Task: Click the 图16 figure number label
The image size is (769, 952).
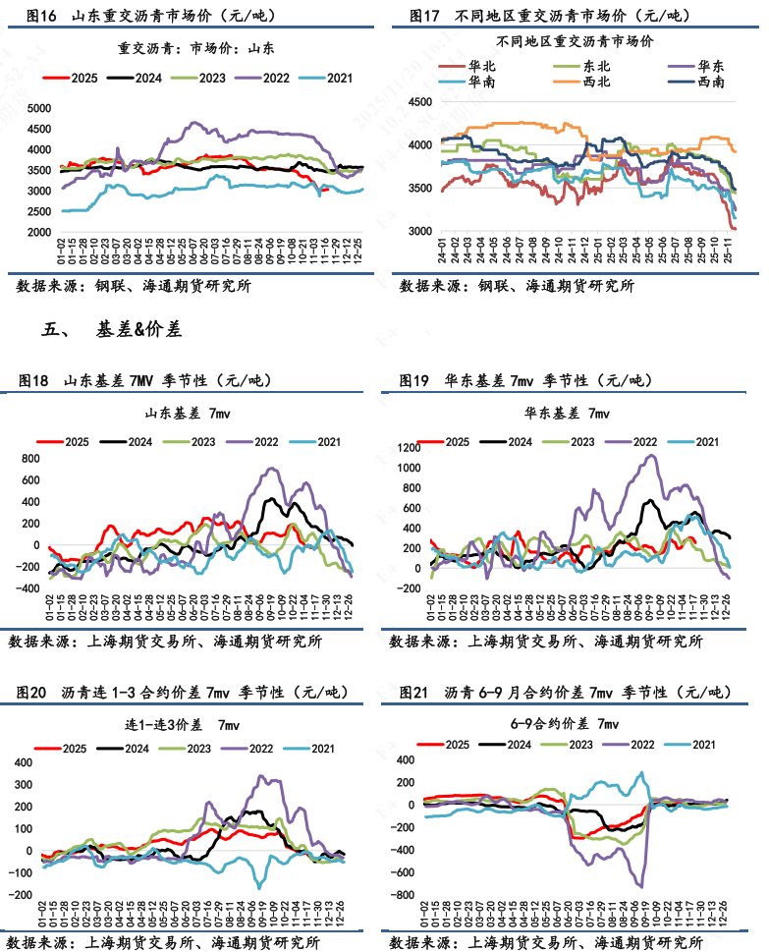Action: click(x=40, y=16)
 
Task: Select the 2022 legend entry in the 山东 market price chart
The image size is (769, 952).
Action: click(x=274, y=78)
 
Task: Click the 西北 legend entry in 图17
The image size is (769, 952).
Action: click(x=595, y=82)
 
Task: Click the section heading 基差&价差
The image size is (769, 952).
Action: click(x=138, y=330)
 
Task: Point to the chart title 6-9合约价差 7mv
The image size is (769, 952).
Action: click(x=572, y=724)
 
